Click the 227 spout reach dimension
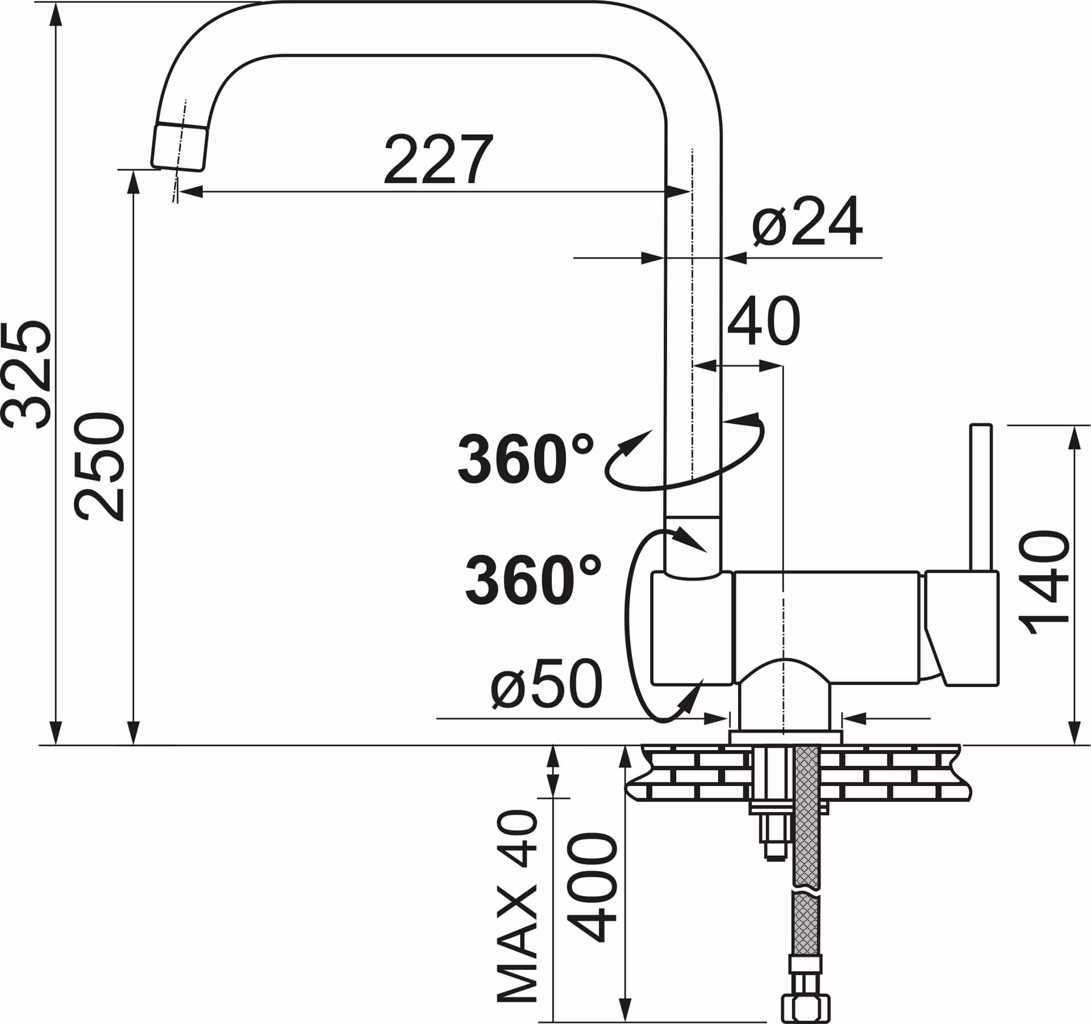[438, 160]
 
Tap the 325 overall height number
[27, 374]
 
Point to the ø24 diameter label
[807, 222]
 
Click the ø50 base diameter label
[546, 684]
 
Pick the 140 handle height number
[1044, 583]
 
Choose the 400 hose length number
[592, 888]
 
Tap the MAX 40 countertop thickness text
[517, 906]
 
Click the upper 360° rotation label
[526, 459]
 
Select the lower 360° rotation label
[533, 580]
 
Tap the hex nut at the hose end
[806, 1006]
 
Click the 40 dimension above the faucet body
[764, 320]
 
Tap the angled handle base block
[961, 627]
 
